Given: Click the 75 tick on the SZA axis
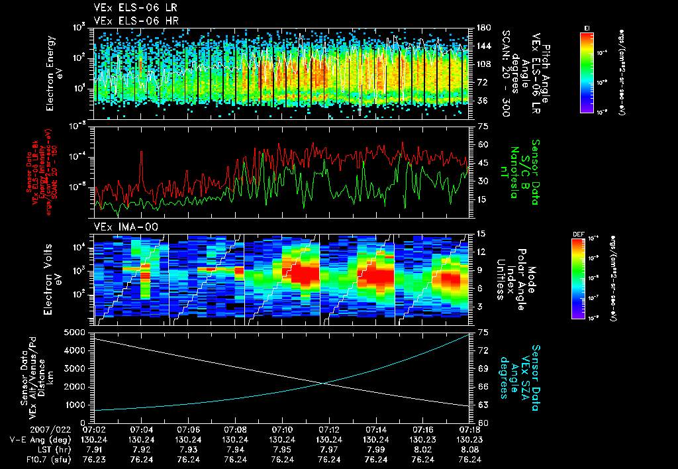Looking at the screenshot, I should click(x=481, y=332).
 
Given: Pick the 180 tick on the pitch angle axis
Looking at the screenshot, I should click(x=482, y=28).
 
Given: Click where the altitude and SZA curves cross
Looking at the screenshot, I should click(x=324, y=383).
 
